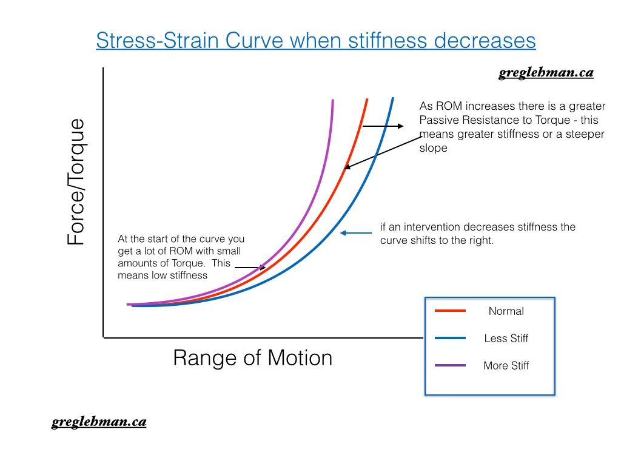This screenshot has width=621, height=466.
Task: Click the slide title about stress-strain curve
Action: click(316, 41)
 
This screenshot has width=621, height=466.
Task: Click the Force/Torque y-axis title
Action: click(76, 182)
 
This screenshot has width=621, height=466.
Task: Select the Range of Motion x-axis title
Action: click(252, 357)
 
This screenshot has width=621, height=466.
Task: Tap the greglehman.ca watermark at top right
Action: click(546, 73)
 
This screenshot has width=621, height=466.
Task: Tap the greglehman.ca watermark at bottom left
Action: click(98, 422)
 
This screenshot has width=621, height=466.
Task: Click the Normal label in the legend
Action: click(506, 311)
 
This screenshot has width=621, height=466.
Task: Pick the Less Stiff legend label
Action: click(506, 339)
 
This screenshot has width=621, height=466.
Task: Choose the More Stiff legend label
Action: click(506, 366)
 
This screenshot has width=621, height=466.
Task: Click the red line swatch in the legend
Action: click(450, 311)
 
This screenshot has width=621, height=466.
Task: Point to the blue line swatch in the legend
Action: click(450, 338)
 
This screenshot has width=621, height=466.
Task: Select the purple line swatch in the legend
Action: click(450, 365)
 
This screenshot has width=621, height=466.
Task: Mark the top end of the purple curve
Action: click(333, 100)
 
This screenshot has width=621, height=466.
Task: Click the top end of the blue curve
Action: click(393, 99)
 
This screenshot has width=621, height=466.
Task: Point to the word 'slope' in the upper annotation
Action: click(433, 147)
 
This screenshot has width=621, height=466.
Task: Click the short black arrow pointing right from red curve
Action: click(383, 126)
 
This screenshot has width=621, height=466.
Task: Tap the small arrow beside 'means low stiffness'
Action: click(250, 267)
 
